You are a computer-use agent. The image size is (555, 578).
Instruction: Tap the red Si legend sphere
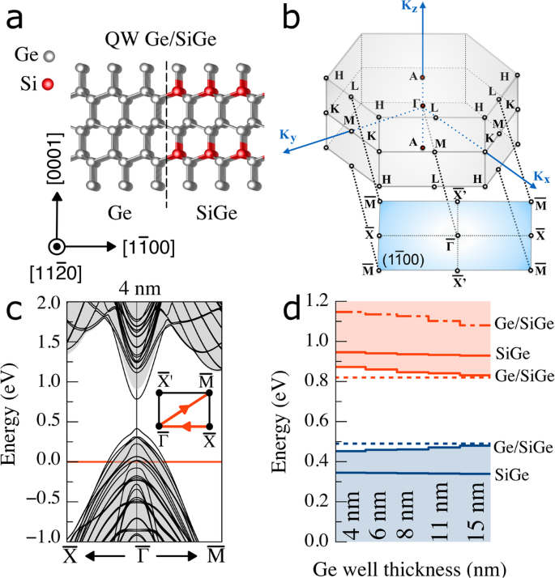click(x=49, y=83)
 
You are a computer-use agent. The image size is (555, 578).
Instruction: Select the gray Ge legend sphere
click(x=49, y=57)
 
